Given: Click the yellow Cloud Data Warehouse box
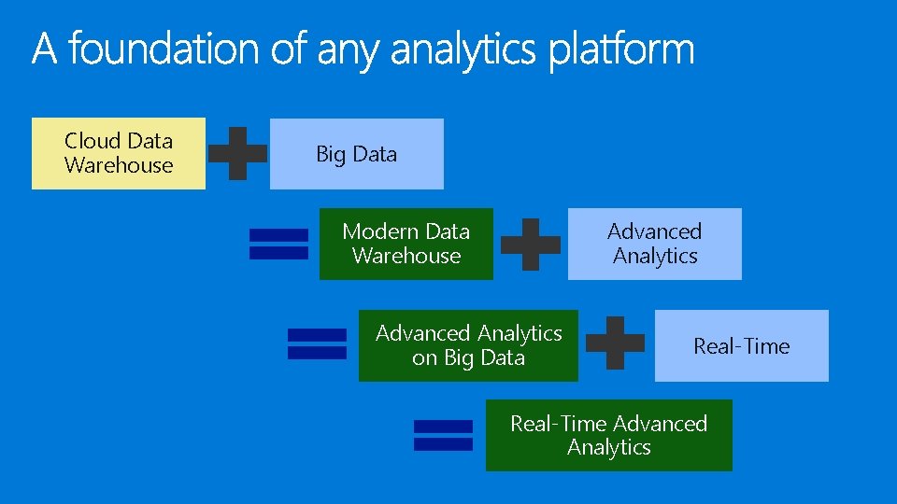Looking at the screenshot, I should [119, 154].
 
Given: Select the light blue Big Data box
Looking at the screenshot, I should [357, 154].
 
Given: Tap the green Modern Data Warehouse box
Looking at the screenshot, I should [406, 244].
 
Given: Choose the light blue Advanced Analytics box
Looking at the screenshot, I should [654, 244].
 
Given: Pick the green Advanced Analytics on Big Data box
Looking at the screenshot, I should [468, 345].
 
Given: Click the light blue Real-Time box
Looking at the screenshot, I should [741, 345].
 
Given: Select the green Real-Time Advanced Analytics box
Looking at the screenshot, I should [608, 435].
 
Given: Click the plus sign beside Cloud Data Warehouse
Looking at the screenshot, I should [237, 153].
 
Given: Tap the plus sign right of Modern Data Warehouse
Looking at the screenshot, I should [531, 245].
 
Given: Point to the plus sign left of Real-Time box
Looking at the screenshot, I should [615, 343].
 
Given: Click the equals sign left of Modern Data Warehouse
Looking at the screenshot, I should [278, 244].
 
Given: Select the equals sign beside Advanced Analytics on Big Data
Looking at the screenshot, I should [317, 343].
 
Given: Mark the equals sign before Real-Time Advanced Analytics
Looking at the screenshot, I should [443, 435].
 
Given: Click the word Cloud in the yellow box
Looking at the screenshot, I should [92, 141].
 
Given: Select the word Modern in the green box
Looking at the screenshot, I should [376, 231].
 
